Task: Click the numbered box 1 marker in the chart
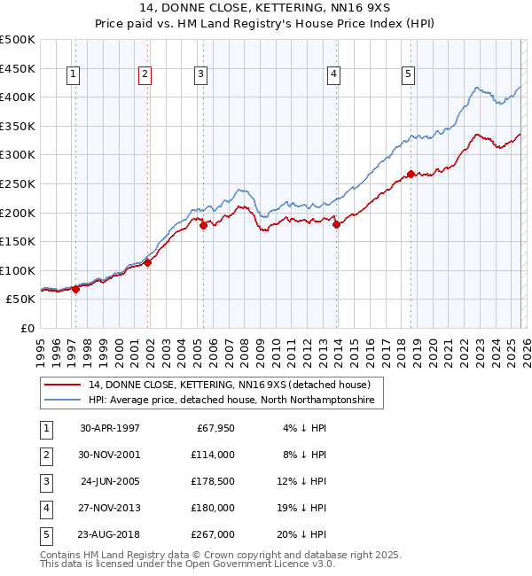coord(72,75)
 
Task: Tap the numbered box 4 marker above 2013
coord(333,75)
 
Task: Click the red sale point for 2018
coord(411,174)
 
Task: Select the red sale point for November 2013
coord(337,224)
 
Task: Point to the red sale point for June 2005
coord(204,225)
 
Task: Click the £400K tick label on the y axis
coord(18,97)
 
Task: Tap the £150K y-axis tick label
coord(18,241)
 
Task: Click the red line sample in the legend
coord(63,385)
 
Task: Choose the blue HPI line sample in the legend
coord(63,401)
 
